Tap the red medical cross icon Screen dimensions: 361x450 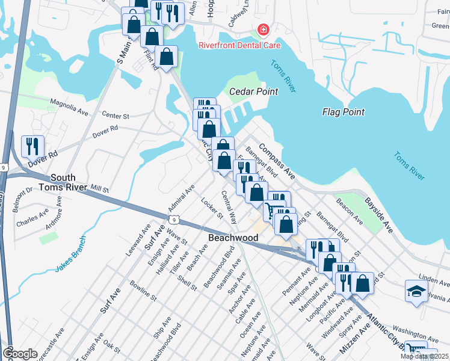(x=262, y=29)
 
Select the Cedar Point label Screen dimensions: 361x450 (x=254, y=92)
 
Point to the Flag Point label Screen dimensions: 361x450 (x=344, y=112)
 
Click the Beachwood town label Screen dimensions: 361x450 (x=233, y=238)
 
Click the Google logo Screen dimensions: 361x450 (x=20, y=354)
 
